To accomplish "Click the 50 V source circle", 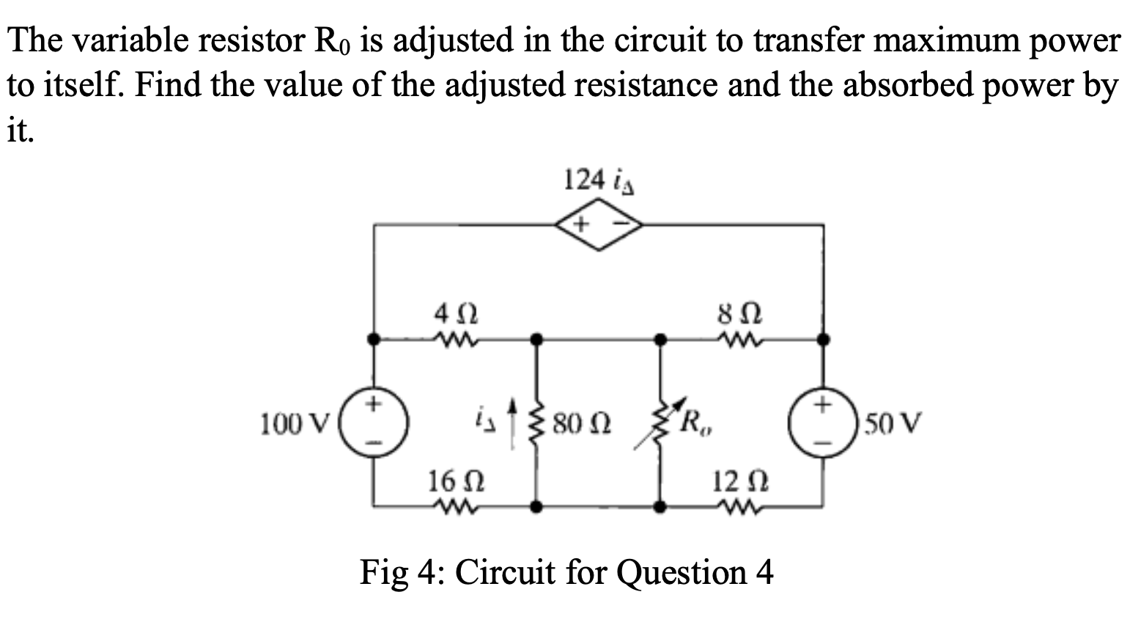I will [x=823, y=423].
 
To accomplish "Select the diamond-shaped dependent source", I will [x=599, y=224].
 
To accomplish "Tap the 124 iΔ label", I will [x=598, y=180].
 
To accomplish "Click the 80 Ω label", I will [x=583, y=424].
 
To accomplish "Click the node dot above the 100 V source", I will [x=374, y=339].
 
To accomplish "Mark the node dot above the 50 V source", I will [x=824, y=339].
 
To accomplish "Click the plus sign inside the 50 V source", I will [x=823, y=403].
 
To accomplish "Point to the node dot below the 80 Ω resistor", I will [x=537, y=506].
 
